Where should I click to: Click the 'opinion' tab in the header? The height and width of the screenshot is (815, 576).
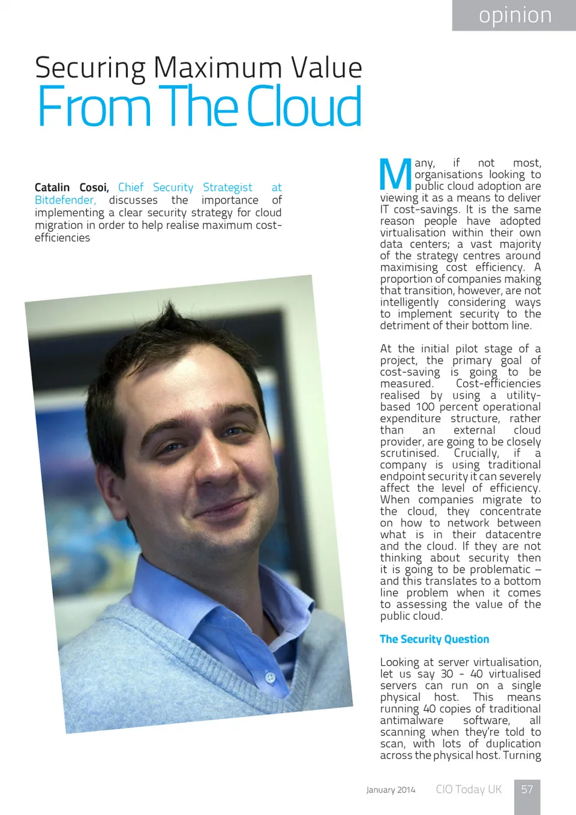515,16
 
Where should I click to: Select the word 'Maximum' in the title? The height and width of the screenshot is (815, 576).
218,67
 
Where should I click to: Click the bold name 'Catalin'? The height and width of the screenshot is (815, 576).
52,187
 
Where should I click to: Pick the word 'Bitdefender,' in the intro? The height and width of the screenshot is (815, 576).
65,200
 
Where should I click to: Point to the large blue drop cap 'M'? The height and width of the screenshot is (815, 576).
395,175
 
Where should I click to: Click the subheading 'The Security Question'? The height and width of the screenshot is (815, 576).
434,639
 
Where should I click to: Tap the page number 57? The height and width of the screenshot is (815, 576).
527,789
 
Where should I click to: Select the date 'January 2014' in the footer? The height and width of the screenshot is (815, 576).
391,790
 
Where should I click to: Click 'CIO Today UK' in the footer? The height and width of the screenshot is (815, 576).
469,789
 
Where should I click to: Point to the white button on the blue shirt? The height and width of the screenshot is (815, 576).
270,677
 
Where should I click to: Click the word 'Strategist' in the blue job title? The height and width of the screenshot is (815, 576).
227,187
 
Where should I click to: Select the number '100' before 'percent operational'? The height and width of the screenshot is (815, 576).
425,407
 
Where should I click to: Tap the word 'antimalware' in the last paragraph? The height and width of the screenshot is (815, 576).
412,720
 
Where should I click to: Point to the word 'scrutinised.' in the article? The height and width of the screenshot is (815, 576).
409,453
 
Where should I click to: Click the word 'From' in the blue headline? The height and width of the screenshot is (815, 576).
93,106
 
